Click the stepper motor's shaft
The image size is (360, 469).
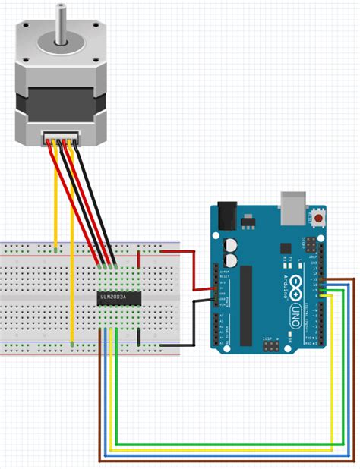pos(58,19)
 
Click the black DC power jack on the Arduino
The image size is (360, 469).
pos(226,214)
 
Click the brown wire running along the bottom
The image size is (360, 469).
pos(228,461)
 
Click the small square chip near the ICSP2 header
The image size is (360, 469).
pos(286,248)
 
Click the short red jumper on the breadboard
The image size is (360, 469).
pos(138,259)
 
